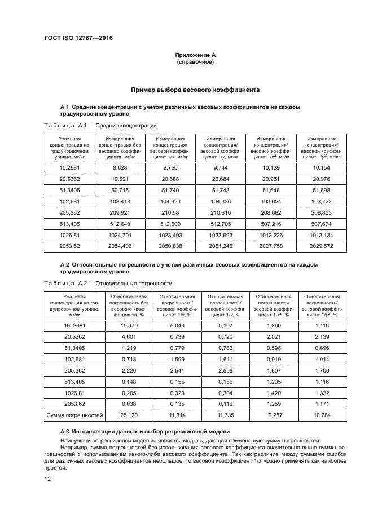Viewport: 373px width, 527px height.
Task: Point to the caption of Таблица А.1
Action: coord(100,125)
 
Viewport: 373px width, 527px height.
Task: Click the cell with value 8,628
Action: coord(120,168)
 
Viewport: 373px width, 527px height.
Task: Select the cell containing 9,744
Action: coord(220,168)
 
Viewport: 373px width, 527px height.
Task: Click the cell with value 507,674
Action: coord(320,231)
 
